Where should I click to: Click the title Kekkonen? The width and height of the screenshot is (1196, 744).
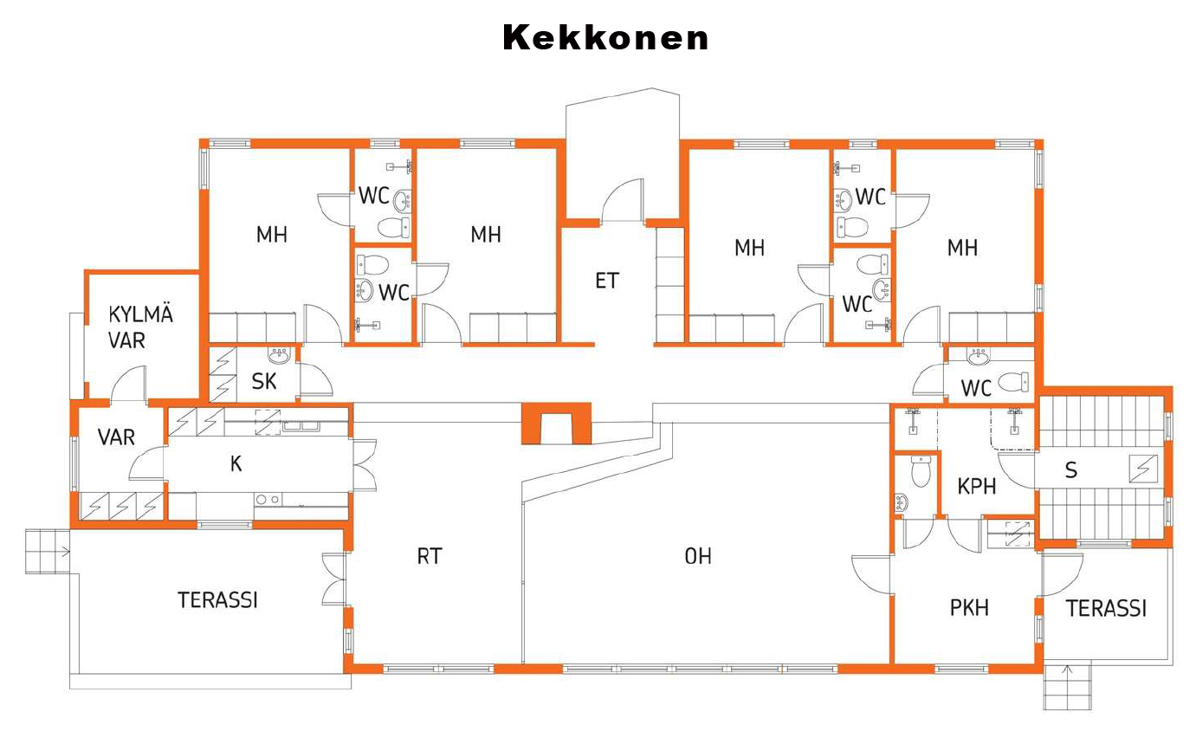tap(605, 37)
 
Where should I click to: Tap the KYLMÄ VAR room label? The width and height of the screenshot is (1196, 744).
tap(139, 327)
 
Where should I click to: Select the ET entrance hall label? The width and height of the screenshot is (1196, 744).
tap(607, 281)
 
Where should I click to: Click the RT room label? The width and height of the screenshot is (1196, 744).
tap(430, 556)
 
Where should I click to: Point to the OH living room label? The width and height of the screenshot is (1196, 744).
tap(698, 556)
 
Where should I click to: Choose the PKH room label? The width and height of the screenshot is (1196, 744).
tap(969, 607)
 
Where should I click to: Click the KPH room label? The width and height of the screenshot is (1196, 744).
tap(976, 486)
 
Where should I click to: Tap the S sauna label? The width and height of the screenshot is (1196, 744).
tap(1071, 470)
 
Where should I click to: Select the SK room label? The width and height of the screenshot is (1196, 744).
tap(264, 381)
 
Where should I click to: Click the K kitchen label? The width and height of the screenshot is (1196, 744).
tap(236, 463)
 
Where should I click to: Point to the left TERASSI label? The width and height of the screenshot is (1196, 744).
tap(217, 599)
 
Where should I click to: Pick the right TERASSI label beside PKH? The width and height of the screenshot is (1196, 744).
tap(1106, 608)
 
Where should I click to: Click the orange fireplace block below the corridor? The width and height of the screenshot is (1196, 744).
tap(555, 424)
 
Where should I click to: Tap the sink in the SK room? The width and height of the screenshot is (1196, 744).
tap(280, 356)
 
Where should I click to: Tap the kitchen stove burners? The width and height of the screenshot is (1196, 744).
tap(268, 499)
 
